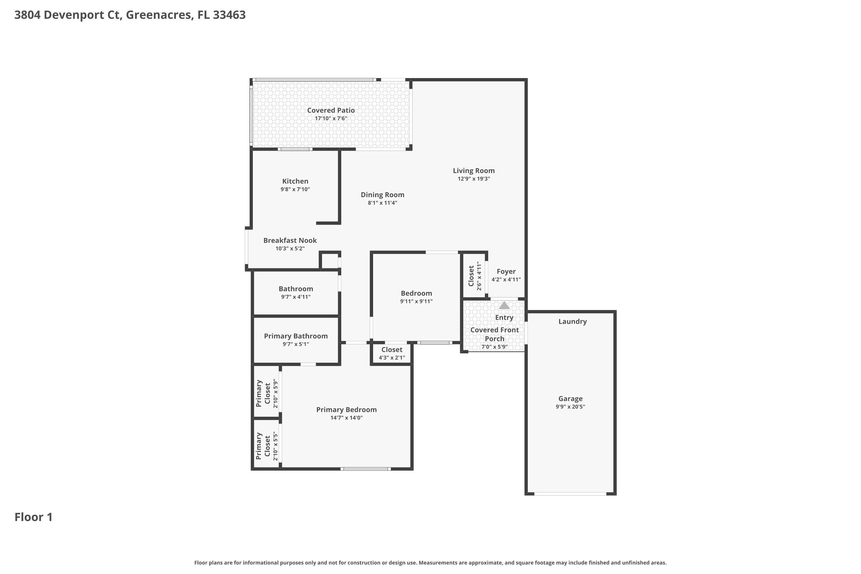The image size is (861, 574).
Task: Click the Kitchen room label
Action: click(295, 181)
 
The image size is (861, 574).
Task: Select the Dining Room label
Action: click(382, 195)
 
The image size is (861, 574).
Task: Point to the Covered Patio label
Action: click(331, 110)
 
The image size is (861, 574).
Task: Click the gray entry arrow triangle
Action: click(504, 306)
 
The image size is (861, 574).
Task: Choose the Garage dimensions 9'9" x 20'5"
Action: click(570, 407)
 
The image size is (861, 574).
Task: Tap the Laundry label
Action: click(572, 321)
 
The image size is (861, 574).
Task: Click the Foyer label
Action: click(506, 271)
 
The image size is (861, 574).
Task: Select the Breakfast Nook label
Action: click(290, 241)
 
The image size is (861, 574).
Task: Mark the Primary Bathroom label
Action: click(295, 336)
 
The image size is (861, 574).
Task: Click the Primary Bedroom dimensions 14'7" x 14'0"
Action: click(346, 418)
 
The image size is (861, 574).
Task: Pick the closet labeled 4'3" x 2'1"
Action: click(392, 354)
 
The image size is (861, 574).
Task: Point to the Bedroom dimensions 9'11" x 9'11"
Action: click(416, 302)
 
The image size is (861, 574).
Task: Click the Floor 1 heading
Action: click(33, 517)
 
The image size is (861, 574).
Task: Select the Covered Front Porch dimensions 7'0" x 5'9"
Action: click(494, 347)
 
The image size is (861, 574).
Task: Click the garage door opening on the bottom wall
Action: click(570, 494)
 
